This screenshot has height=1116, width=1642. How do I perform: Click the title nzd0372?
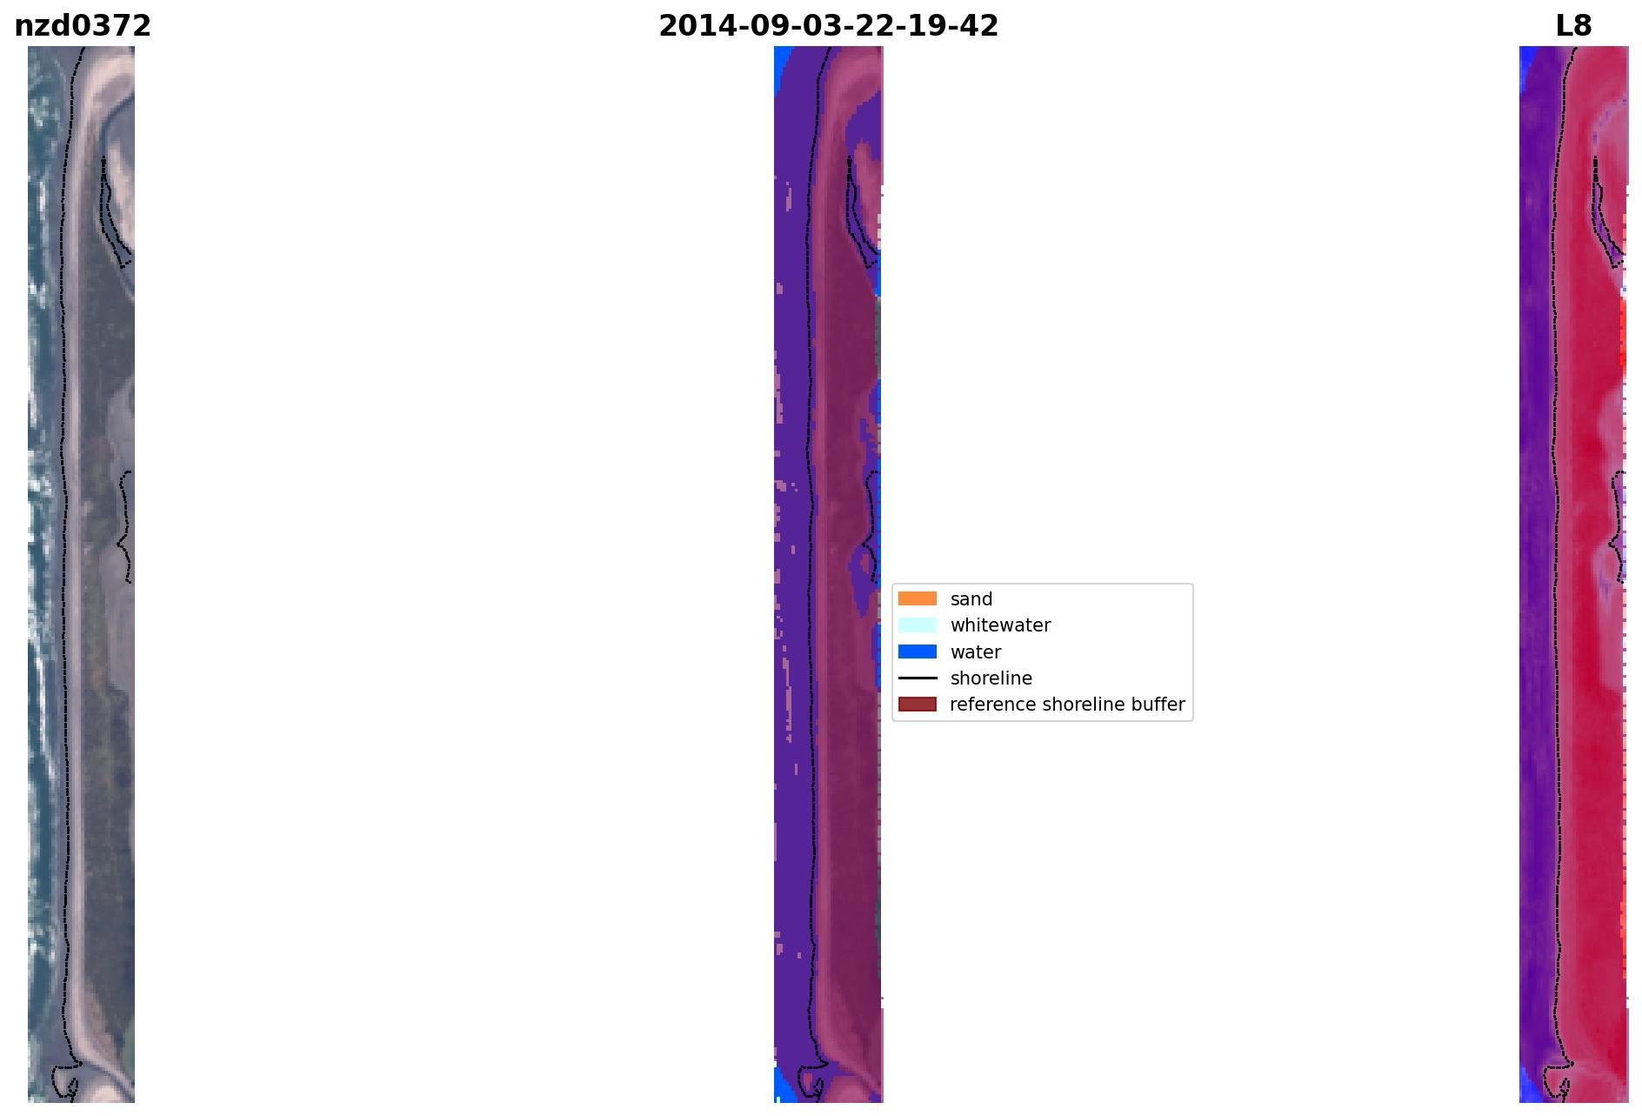(83, 26)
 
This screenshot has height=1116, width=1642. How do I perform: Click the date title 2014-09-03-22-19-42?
(828, 26)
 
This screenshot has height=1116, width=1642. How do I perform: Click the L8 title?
(1573, 26)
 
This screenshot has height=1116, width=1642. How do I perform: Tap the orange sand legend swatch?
(918, 599)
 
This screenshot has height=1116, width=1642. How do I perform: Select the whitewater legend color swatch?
(918, 625)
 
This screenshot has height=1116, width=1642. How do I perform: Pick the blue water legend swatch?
(918, 652)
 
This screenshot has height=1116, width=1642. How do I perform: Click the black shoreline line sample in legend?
(918, 678)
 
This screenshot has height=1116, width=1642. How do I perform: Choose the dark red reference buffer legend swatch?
(918, 705)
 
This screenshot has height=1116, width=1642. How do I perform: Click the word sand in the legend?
(971, 599)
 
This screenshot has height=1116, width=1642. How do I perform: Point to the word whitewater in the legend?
(1000, 625)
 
